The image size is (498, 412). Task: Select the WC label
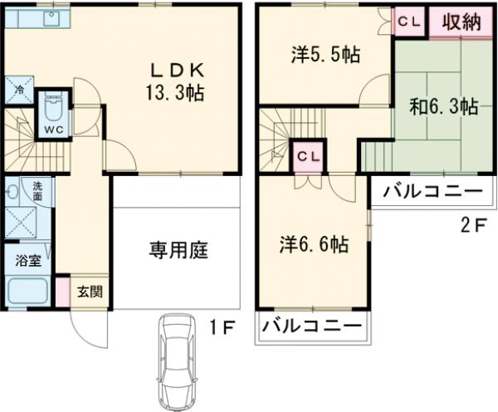[x=53, y=130]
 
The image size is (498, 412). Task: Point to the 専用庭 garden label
[x=178, y=248]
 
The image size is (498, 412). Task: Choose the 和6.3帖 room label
[x=442, y=106]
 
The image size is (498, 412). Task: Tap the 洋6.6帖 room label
[x=313, y=243]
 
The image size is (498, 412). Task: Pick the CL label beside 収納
[x=408, y=22]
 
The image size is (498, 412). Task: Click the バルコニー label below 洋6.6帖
[x=312, y=326]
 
